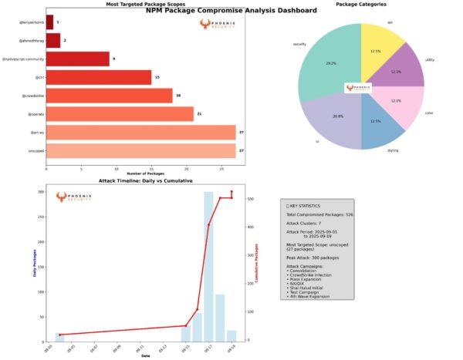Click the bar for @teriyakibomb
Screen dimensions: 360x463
coord(49,22)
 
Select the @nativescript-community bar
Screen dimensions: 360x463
coord(77,59)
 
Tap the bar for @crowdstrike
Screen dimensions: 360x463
coord(109,96)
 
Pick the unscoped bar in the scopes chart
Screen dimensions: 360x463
coord(140,151)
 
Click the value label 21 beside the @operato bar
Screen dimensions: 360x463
coord(199,114)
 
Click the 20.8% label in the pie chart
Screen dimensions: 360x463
coord(316,115)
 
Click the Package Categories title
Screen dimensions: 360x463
coord(363,5)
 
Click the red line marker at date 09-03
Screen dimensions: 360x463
coord(59,335)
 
